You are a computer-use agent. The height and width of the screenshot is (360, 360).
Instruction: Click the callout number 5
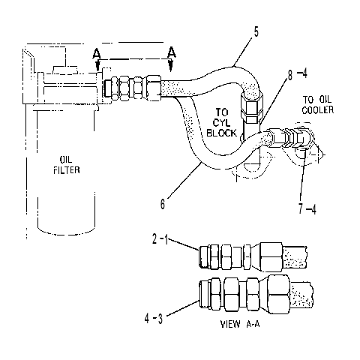(256, 32)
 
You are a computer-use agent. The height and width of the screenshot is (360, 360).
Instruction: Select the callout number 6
(163, 204)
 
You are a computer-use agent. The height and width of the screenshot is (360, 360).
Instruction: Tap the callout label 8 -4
(297, 74)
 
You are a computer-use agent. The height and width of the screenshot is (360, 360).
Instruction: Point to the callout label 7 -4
(307, 208)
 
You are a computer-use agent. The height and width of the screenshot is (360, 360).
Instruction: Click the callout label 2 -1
(160, 239)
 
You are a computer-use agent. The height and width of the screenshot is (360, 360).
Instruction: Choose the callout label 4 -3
(154, 319)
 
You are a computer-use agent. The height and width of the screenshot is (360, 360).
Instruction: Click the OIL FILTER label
(67, 165)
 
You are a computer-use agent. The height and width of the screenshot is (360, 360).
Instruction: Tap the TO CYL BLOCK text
(222, 122)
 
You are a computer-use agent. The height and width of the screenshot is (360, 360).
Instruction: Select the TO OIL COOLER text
(317, 105)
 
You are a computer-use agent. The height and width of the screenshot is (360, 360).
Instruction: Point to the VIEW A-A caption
(240, 324)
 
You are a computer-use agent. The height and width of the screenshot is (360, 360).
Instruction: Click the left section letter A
(97, 53)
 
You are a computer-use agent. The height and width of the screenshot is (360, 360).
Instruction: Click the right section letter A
(172, 52)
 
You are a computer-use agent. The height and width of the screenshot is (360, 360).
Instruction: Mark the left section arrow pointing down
(98, 66)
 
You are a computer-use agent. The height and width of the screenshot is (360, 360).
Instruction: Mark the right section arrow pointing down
(171, 65)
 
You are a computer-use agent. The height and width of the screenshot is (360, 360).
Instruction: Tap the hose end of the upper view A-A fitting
(295, 256)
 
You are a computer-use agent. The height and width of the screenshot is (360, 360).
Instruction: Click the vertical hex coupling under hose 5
(252, 106)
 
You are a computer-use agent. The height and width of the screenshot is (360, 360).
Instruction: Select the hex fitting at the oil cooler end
(301, 138)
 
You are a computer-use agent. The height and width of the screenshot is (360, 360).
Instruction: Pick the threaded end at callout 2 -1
(204, 256)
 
